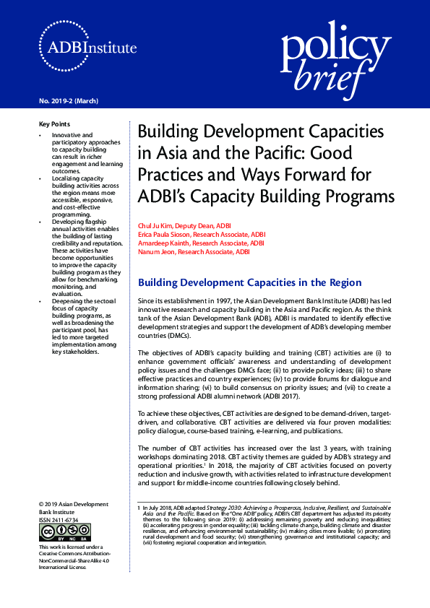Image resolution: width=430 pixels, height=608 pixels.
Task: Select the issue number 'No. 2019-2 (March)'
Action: click(69, 100)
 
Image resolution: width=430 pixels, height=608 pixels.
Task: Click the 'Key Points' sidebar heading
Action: click(55, 124)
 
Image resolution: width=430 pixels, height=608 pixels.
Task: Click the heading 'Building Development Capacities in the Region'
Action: click(249, 283)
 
